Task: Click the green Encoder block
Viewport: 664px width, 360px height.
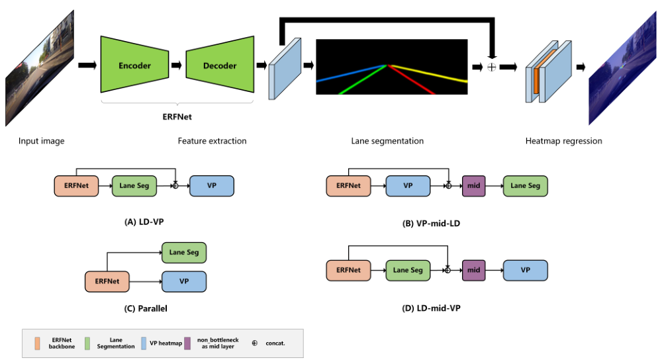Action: [134, 66]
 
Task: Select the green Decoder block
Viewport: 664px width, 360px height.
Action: [220, 66]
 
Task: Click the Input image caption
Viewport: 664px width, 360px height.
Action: [41, 141]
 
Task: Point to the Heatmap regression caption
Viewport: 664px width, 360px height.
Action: [563, 141]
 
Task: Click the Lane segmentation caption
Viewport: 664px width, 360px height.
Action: [387, 141]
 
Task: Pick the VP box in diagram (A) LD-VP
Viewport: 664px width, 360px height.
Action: [212, 186]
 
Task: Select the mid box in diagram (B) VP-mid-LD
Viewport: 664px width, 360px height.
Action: [473, 186]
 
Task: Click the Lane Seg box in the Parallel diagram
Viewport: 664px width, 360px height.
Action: [185, 252]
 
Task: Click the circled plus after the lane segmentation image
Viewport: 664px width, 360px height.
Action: [491, 67]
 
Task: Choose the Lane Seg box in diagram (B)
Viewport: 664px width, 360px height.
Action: [525, 186]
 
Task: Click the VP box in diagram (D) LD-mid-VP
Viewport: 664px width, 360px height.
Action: [525, 270]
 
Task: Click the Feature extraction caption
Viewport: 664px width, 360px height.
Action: [212, 141]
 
